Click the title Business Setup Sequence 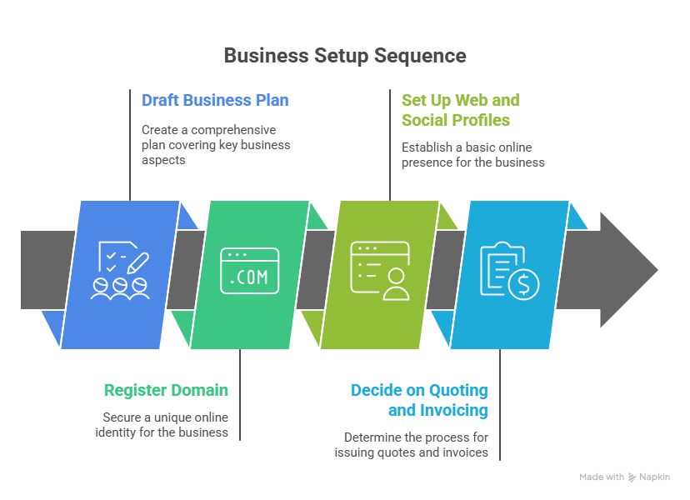(344, 56)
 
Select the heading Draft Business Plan (215, 101)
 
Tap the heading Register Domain (166, 390)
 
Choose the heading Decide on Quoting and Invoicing (419, 400)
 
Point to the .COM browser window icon (249, 270)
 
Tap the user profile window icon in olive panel (379, 270)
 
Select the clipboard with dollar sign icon (509, 270)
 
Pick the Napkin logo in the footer (632, 477)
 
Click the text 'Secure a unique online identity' (166, 425)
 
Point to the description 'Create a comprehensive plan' (216, 144)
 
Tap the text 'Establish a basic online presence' (472, 155)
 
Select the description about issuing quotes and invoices (415, 445)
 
